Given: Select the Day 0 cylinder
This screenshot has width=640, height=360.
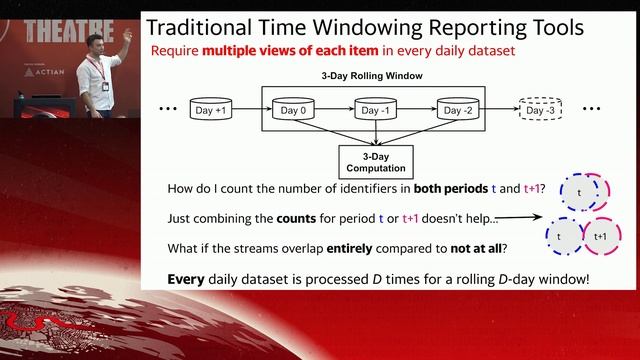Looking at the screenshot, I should pos(295,109).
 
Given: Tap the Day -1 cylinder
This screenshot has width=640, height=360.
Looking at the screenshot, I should pos(377,109).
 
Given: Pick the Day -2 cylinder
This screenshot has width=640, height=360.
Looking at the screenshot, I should pos(460,109).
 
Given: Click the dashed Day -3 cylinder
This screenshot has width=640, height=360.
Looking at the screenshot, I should pos(542,109).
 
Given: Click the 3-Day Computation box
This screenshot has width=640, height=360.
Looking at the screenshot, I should pos(377,162).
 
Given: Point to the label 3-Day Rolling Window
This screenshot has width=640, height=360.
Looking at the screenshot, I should pos(377,76).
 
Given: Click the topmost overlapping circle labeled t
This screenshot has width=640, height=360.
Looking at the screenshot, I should pos(577,190).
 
